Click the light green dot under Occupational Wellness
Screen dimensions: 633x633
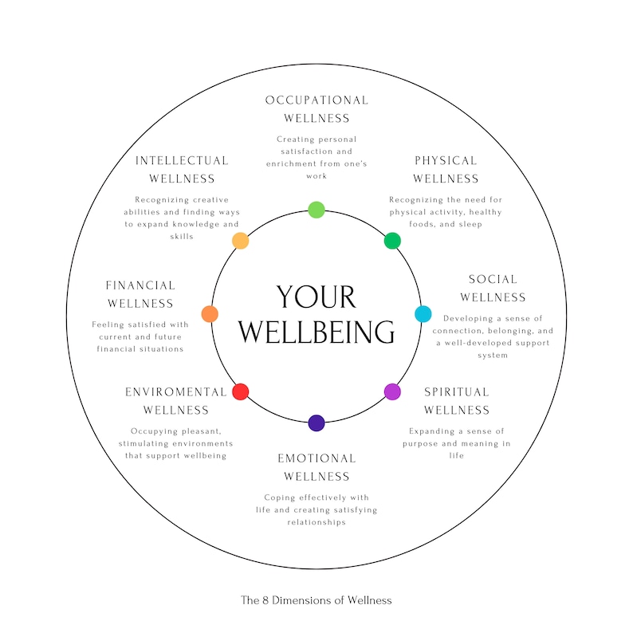point(316,210)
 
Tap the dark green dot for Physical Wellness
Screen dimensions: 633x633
point(392,240)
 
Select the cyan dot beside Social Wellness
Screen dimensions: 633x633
point(423,314)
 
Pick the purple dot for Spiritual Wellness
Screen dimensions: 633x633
point(392,391)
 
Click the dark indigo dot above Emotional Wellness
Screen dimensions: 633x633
point(316,423)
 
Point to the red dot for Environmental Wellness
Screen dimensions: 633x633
point(240,391)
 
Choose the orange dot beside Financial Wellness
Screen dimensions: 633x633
point(210,314)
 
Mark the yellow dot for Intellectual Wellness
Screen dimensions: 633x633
point(240,240)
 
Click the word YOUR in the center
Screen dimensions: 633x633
point(316,297)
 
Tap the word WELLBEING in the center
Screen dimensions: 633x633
point(316,331)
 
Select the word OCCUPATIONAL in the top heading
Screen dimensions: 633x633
point(316,100)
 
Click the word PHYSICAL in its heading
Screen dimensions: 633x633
point(446,161)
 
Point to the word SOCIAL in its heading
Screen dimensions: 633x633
point(493,279)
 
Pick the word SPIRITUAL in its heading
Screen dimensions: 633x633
point(457,392)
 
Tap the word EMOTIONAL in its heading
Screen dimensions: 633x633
point(316,458)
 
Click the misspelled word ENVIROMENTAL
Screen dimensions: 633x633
point(176,392)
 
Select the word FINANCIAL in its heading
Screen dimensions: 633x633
point(140,285)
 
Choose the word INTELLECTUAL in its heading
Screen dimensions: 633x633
point(182,161)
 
